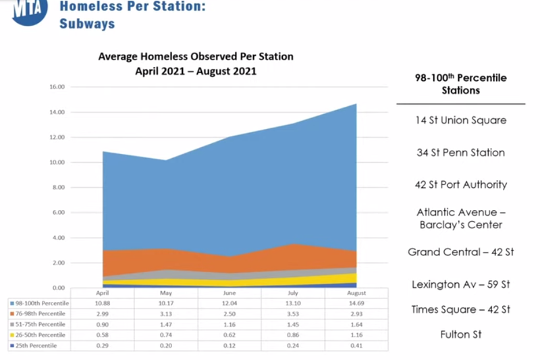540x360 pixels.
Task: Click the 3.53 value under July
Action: (x=294, y=313)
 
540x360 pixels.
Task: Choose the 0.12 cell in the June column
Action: (x=230, y=346)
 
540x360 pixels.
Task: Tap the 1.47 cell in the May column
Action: (x=167, y=324)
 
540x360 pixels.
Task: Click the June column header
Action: (x=230, y=292)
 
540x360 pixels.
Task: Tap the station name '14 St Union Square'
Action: (x=461, y=120)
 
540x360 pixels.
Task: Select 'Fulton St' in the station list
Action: (x=461, y=334)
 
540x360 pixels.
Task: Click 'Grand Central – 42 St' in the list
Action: (x=461, y=252)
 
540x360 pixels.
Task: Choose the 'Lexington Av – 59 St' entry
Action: (x=461, y=284)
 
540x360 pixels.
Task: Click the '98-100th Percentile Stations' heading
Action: (x=461, y=84)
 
